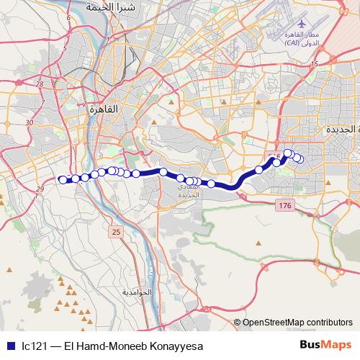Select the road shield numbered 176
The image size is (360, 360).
(x=284, y=206)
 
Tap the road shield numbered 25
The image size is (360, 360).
(x=116, y=232)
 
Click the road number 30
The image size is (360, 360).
(x=30, y=122)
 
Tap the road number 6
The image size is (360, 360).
(x=68, y=17)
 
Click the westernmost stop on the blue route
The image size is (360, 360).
(x=61, y=180)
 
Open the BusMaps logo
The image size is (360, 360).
(x=325, y=345)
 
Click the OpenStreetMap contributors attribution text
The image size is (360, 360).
(x=297, y=322)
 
